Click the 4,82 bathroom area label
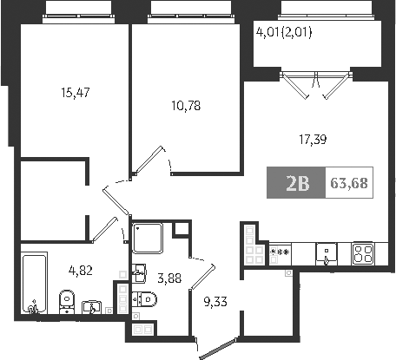pyautogui.click(x=82, y=270)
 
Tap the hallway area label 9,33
pyautogui.click(x=217, y=302)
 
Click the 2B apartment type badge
pyautogui.click(x=297, y=183)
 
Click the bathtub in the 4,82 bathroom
pyautogui.click(x=34, y=281)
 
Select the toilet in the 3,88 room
pyautogui.click(x=145, y=300)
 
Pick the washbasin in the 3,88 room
pyautogui.click(x=139, y=274)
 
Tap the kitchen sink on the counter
pyautogui.click(x=327, y=253)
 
